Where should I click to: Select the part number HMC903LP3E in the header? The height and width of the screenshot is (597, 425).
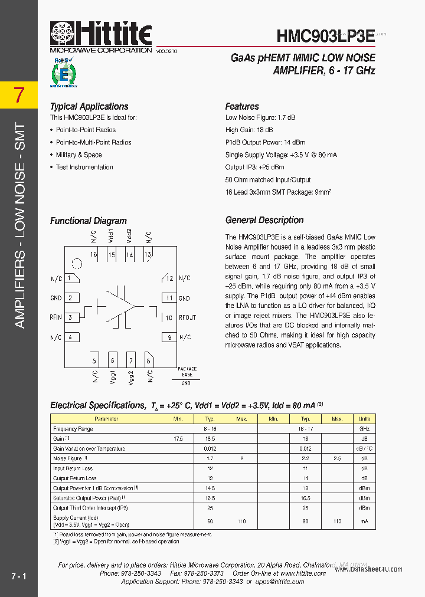click(x=325, y=35)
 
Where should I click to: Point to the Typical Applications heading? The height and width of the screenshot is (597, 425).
click(x=89, y=107)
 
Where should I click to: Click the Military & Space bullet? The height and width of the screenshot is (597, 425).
click(x=79, y=155)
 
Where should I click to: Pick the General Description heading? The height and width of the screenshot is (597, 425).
click(x=264, y=220)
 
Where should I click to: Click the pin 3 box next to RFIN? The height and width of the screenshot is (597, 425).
click(x=72, y=317)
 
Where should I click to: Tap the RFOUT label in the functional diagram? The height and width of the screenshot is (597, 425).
click(x=188, y=317)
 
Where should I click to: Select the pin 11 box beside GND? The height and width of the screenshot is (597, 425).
click(x=169, y=298)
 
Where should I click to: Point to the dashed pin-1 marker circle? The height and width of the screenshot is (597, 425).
click(x=76, y=264)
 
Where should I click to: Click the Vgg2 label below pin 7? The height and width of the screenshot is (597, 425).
click(x=131, y=378)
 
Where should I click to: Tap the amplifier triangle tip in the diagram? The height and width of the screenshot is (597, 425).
click(x=135, y=306)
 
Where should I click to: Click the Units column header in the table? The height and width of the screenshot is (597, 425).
click(x=365, y=419)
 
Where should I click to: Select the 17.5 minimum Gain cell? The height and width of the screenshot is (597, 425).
click(x=178, y=439)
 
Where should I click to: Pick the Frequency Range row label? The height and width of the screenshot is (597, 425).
click(x=73, y=429)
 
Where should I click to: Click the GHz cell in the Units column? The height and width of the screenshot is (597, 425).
click(x=365, y=429)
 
